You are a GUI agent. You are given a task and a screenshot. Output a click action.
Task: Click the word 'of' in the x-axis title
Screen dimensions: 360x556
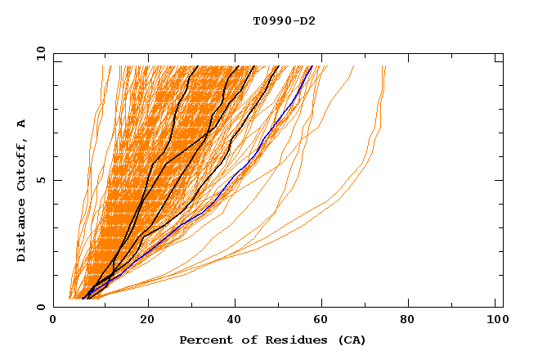[242, 340]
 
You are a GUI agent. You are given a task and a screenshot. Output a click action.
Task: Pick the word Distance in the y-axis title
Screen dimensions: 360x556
[22, 229]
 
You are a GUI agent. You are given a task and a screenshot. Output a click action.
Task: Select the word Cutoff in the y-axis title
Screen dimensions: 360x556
[22, 161]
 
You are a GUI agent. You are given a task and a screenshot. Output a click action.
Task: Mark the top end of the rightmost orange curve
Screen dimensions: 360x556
[384, 67]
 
